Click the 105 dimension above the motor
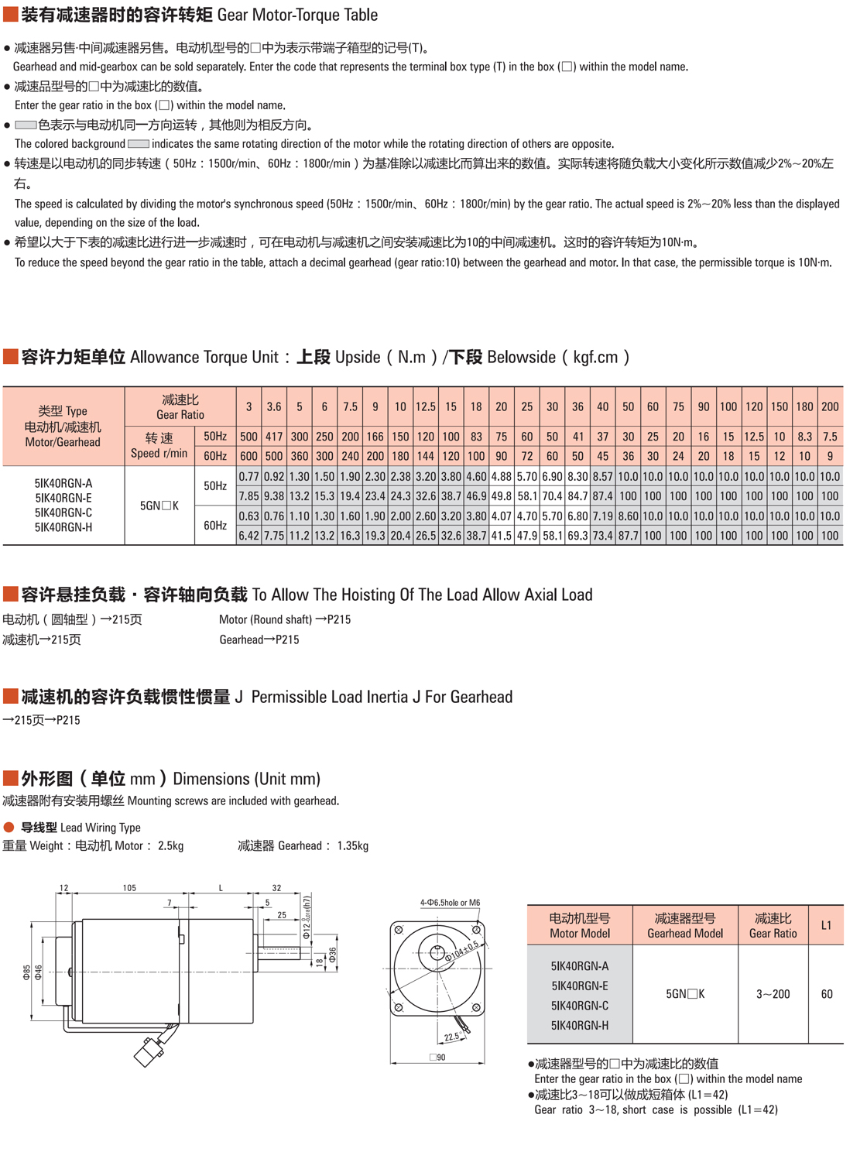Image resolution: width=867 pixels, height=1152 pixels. pos(129,888)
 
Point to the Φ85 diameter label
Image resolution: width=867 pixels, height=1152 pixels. pos(27,972)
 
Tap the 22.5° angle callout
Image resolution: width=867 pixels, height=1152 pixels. pos(451,1037)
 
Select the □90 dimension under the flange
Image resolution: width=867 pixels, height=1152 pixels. pos(437,1058)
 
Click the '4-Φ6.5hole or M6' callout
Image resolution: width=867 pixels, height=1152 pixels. pos(450,903)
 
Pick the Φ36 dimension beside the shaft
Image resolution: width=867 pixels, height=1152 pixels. pos(333,955)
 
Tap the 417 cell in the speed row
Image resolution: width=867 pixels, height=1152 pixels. pos(274,437)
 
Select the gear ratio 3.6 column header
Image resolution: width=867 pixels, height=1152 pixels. pos(274,406)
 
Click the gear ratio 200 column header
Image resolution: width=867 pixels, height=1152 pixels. pos(830,406)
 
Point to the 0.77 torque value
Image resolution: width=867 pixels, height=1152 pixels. pos(248,477)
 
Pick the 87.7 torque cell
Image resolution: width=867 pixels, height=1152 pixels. pos(628,535)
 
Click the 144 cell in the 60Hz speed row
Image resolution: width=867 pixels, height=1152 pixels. pos(426,456)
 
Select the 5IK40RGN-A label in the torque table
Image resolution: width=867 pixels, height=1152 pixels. pos(63,483)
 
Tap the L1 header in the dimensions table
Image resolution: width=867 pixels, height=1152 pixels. pos(826,925)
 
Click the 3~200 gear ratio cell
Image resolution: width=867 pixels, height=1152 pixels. pos(773,994)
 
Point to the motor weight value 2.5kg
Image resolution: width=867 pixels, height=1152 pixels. pos(170,845)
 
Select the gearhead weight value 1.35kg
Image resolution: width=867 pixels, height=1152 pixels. pos(352,845)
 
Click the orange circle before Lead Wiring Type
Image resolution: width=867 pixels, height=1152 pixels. pos(9,827)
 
